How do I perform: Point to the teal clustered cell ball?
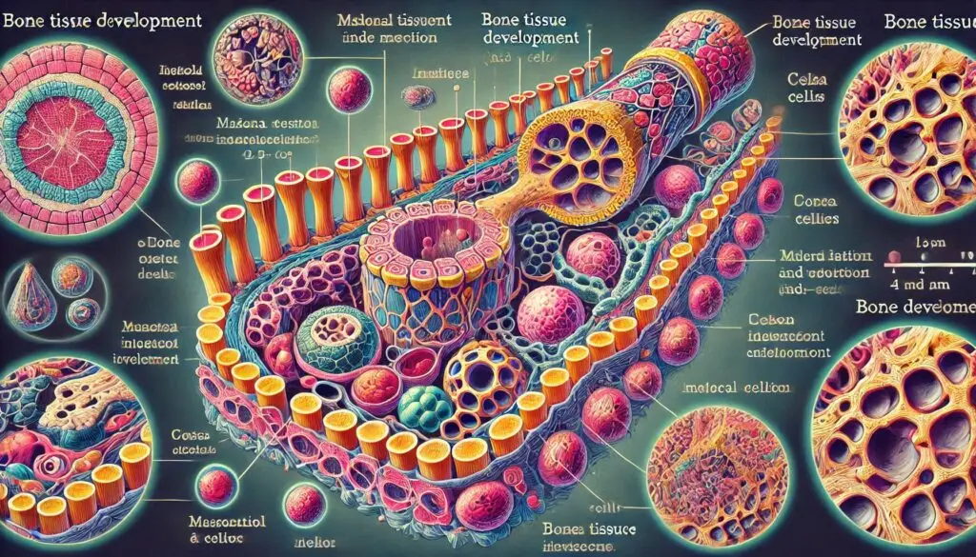(425, 406)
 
